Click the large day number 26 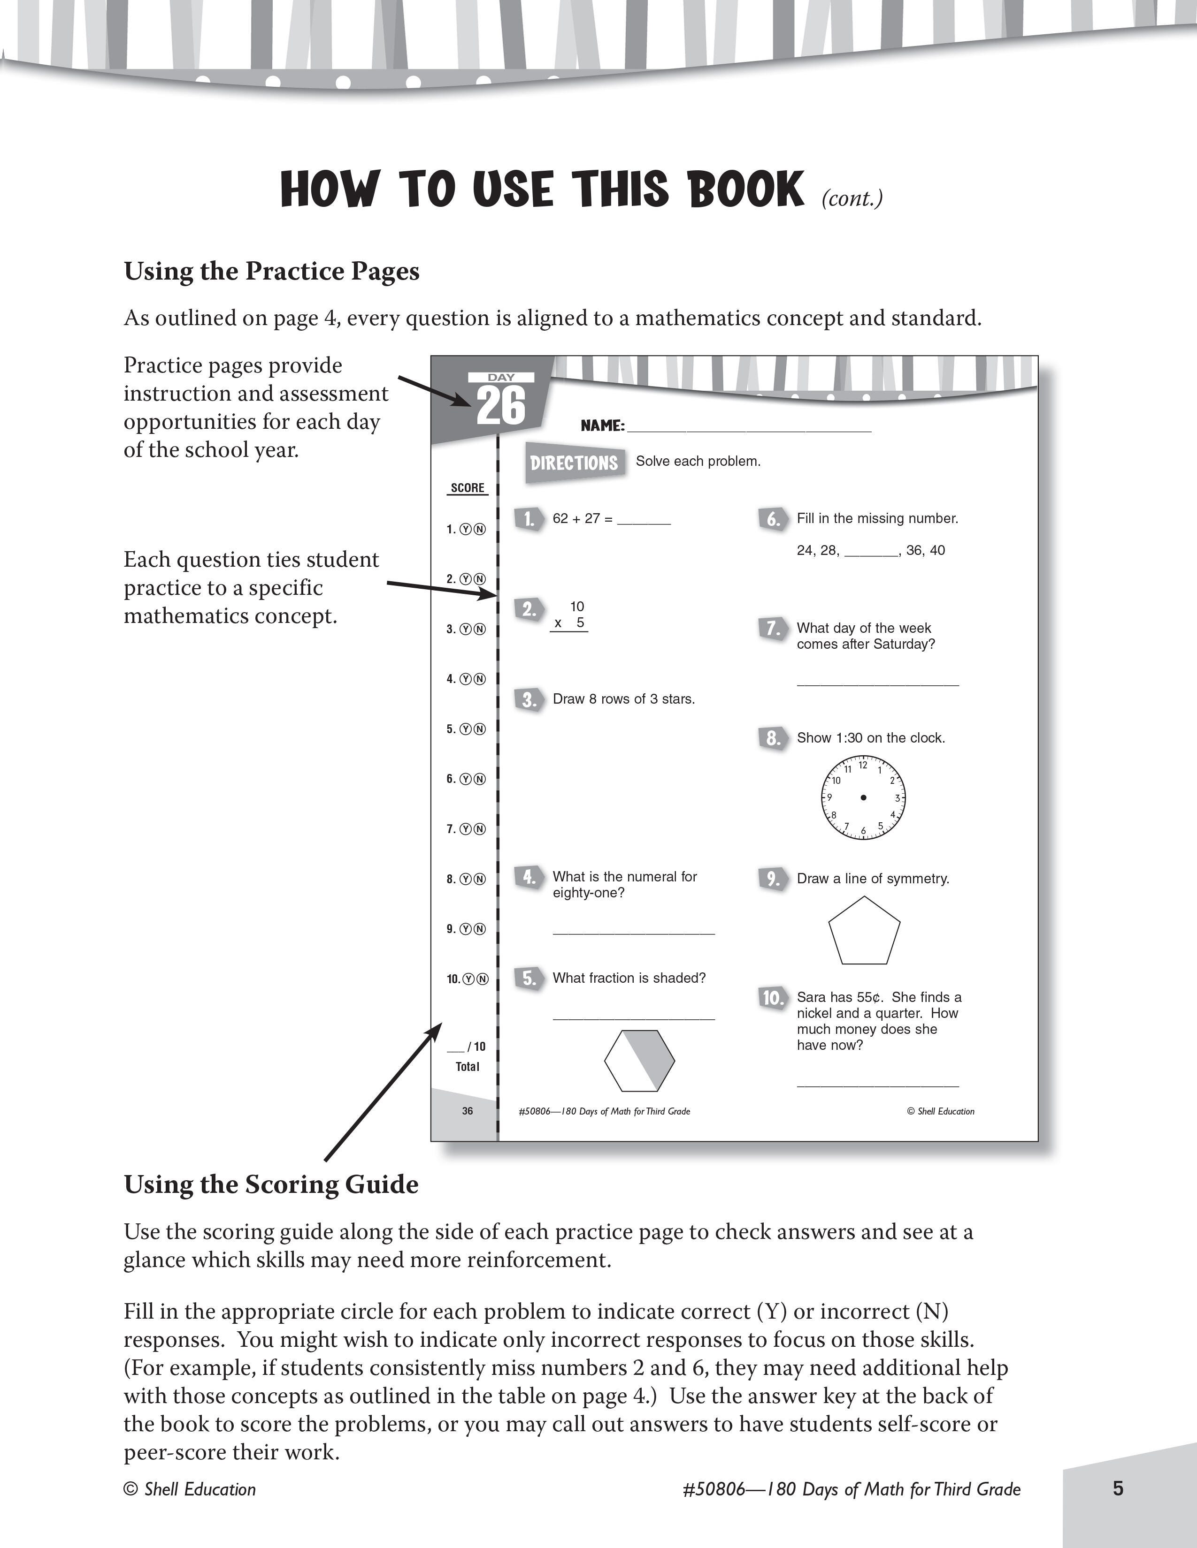(501, 406)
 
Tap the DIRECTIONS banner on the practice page (575, 463)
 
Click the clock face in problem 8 (863, 798)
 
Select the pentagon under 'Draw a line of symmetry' (864, 931)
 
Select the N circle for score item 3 (480, 630)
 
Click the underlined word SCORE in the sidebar (468, 488)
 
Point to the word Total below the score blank (468, 1067)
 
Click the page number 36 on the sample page (468, 1111)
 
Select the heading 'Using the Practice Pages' (272, 272)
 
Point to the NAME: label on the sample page (602, 426)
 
